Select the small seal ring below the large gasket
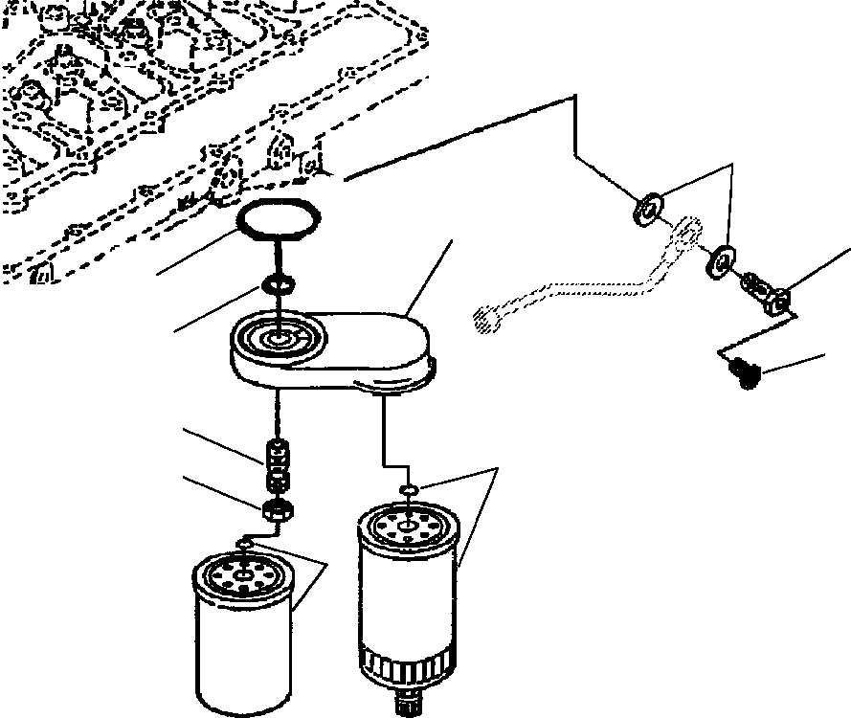(277, 284)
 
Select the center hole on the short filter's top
(247, 575)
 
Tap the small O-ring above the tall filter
(407, 489)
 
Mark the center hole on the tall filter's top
(408, 524)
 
